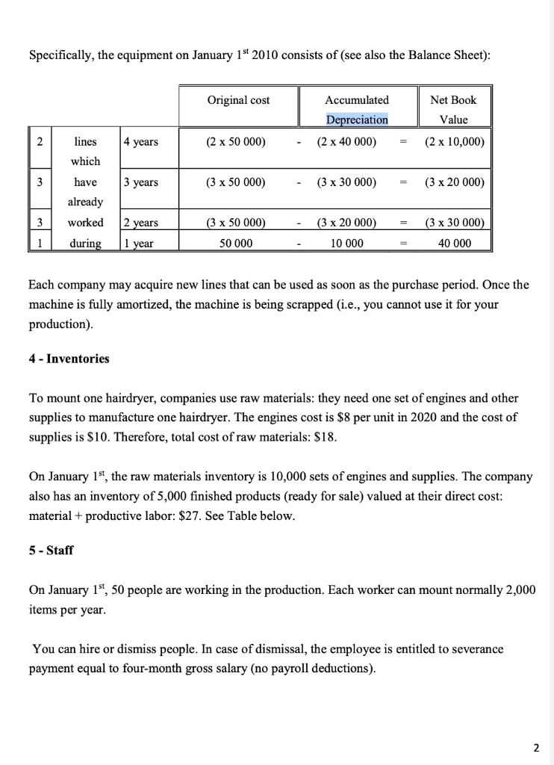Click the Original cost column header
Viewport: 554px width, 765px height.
click(x=238, y=100)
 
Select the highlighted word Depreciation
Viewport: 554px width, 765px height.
click(x=356, y=120)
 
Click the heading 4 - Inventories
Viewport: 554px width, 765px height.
click(x=69, y=359)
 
